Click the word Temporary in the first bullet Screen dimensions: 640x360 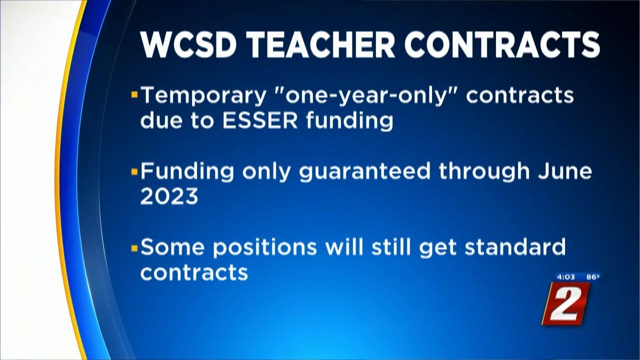(203, 96)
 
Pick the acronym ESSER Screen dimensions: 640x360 (260, 121)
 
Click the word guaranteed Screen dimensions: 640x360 (364, 171)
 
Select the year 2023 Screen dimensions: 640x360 (169, 196)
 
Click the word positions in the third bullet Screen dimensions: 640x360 (265, 247)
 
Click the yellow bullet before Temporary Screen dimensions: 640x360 (134, 94)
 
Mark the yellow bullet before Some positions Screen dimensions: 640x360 (134, 248)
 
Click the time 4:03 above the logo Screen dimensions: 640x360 (566, 277)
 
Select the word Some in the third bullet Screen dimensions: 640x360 (172, 247)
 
